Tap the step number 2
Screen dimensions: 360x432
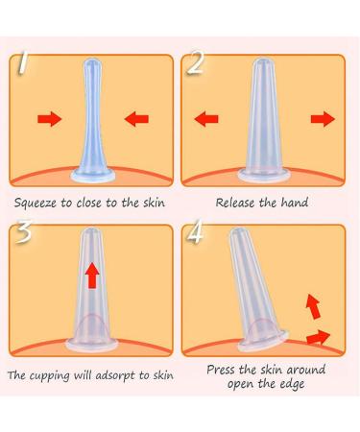[195, 63]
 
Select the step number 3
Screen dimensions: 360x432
[23, 231]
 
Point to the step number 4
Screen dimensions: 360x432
[195, 231]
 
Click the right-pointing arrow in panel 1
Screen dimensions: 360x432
[50, 119]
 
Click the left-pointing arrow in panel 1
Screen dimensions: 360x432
[136, 119]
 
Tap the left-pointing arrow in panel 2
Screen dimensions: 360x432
[206, 119]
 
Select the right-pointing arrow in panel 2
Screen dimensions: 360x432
[323, 119]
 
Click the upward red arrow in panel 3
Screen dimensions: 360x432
[92, 276]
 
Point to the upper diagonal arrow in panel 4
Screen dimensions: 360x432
[313, 306]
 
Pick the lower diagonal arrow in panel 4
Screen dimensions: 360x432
[318, 338]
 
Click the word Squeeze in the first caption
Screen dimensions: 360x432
[36, 203]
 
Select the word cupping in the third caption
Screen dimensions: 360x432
[49, 376]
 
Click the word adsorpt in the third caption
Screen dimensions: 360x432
[116, 376]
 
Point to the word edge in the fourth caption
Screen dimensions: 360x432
[292, 384]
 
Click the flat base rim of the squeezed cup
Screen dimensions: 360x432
[93, 176]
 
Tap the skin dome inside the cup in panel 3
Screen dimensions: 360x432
[92, 324]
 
